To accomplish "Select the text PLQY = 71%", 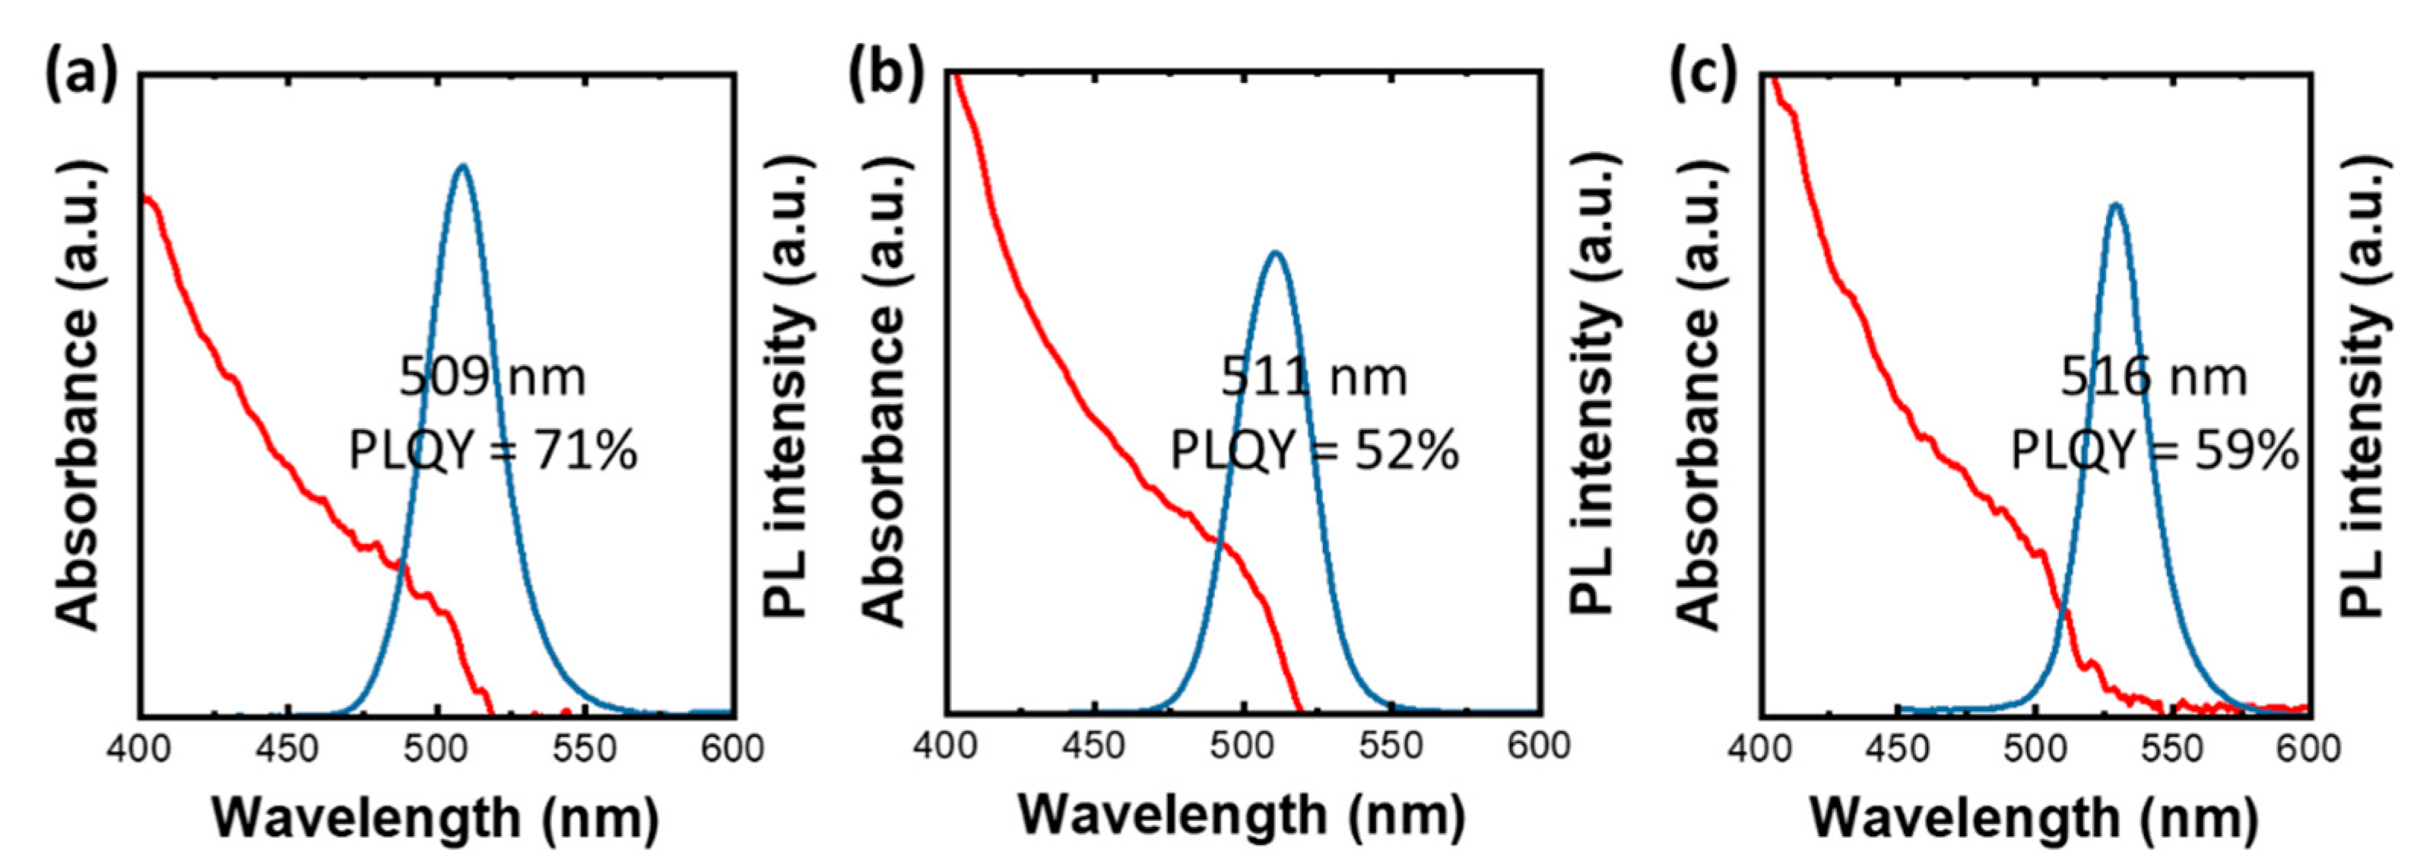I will point(493,450).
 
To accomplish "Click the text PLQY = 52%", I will point(1315,450).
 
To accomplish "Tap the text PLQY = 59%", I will point(2153,450).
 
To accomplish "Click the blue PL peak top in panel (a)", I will point(462,167).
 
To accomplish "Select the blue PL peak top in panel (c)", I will point(2116,205).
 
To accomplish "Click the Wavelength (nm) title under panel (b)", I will point(1241,815).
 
